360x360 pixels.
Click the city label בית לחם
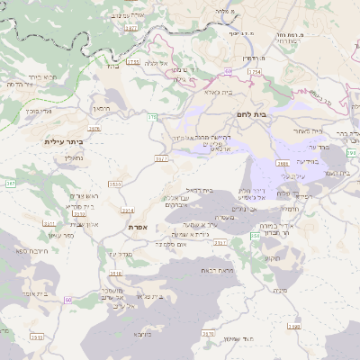247,115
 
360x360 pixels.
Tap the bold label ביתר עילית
63,141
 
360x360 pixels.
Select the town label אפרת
139,228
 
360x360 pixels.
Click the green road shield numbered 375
152,117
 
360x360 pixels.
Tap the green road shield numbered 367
11,184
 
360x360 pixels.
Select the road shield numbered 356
255,235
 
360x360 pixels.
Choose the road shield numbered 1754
256,71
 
